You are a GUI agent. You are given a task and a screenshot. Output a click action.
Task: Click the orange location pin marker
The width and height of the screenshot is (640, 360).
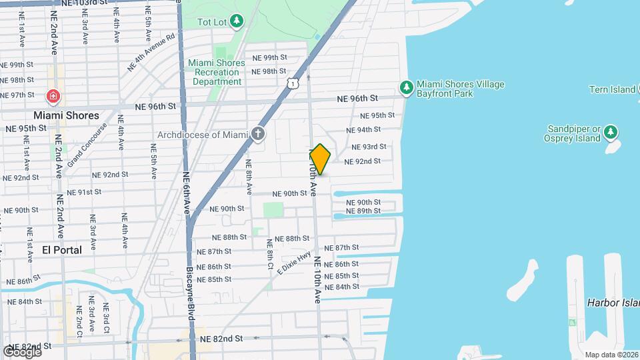[320, 159]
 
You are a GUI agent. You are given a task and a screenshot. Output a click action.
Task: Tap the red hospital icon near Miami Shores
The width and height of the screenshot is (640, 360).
[53, 97]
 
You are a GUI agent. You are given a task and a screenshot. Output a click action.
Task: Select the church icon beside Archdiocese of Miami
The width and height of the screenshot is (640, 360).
[257, 134]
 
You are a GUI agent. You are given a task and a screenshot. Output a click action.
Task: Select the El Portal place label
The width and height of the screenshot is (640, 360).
[62, 250]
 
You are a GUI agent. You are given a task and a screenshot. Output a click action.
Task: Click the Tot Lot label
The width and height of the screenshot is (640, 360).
[213, 22]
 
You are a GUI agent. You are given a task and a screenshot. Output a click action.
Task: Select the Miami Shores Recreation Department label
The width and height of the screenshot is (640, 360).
[217, 72]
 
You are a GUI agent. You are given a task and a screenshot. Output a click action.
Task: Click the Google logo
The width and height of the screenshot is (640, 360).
[21, 351]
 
